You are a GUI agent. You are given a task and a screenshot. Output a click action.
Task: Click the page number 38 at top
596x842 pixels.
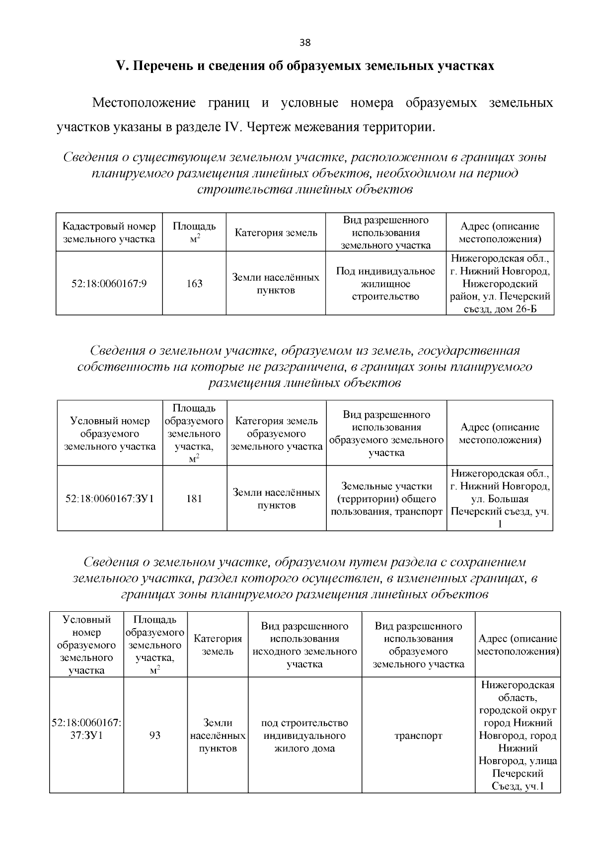(x=305, y=43)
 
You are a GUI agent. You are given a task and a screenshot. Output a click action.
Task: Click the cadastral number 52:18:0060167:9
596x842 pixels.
(x=109, y=284)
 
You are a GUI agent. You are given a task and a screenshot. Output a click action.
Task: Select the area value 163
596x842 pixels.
(x=194, y=284)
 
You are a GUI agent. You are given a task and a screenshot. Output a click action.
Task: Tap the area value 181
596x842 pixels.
(x=194, y=499)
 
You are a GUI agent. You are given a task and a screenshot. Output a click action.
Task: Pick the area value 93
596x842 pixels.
(x=155, y=736)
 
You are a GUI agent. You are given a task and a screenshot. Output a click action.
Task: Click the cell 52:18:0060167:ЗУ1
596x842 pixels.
(x=110, y=499)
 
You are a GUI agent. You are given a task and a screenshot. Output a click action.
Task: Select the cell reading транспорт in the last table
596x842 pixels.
(x=418, y=736)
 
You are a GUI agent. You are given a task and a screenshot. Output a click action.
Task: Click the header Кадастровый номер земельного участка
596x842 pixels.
(x=109, y=233)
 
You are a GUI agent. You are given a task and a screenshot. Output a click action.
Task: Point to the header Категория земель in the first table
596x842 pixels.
(x=276, y=233)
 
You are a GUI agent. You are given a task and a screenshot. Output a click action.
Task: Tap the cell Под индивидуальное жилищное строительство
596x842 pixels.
(x=385, y=284)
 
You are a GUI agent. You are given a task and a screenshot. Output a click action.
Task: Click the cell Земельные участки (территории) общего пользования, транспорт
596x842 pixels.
(x=386, y=499)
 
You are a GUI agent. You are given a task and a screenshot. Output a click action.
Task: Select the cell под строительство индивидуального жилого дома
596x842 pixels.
(x=304, y=736)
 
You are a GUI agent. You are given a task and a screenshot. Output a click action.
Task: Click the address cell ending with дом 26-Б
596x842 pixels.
(x=500, y=284)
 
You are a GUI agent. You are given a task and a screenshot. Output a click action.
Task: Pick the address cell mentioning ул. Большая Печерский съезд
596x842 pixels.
(x=500, y=499)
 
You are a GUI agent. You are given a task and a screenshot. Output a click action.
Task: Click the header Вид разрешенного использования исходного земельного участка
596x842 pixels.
(x=304, y=645)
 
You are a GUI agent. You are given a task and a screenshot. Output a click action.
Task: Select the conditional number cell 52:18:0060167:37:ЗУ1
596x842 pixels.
(x=87, y=730)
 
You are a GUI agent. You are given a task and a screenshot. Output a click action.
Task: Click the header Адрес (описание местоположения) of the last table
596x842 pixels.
(x=518, y=645)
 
